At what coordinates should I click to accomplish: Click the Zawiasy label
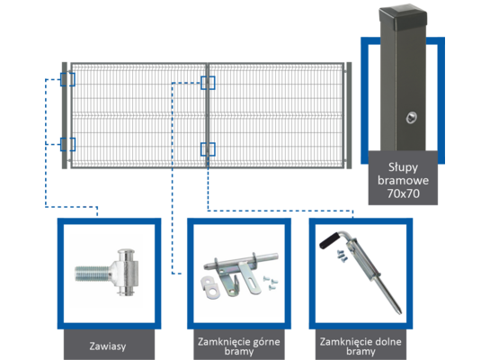(x=108, y=346)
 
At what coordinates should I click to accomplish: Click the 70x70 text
(x=403, y=193)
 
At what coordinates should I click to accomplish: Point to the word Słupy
(x=403, y=167)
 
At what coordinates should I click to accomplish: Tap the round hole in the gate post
(x=411, y=118)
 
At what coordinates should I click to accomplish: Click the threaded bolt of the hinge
(x=93, y=274)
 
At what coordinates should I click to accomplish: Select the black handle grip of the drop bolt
(x=328, y=239)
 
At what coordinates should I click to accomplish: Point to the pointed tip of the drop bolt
(x=399, y=311)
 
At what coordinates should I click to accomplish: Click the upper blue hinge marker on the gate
(x=67, y=79)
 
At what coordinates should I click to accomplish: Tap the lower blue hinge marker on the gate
(x=67, y=144)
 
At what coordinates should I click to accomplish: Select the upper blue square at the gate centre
(x=208, y=83)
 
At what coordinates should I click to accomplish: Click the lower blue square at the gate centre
(x=208, y=149)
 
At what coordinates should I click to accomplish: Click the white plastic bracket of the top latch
(x=210, y=287)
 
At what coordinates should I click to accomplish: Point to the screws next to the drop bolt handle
(x=342, y=256)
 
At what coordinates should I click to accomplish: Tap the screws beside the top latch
(x=271, y=283)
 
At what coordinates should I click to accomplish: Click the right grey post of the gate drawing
(x=349, y=115)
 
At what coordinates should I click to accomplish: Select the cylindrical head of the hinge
(x=128, y=272)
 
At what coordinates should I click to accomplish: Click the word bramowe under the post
(x=403, y=181)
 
